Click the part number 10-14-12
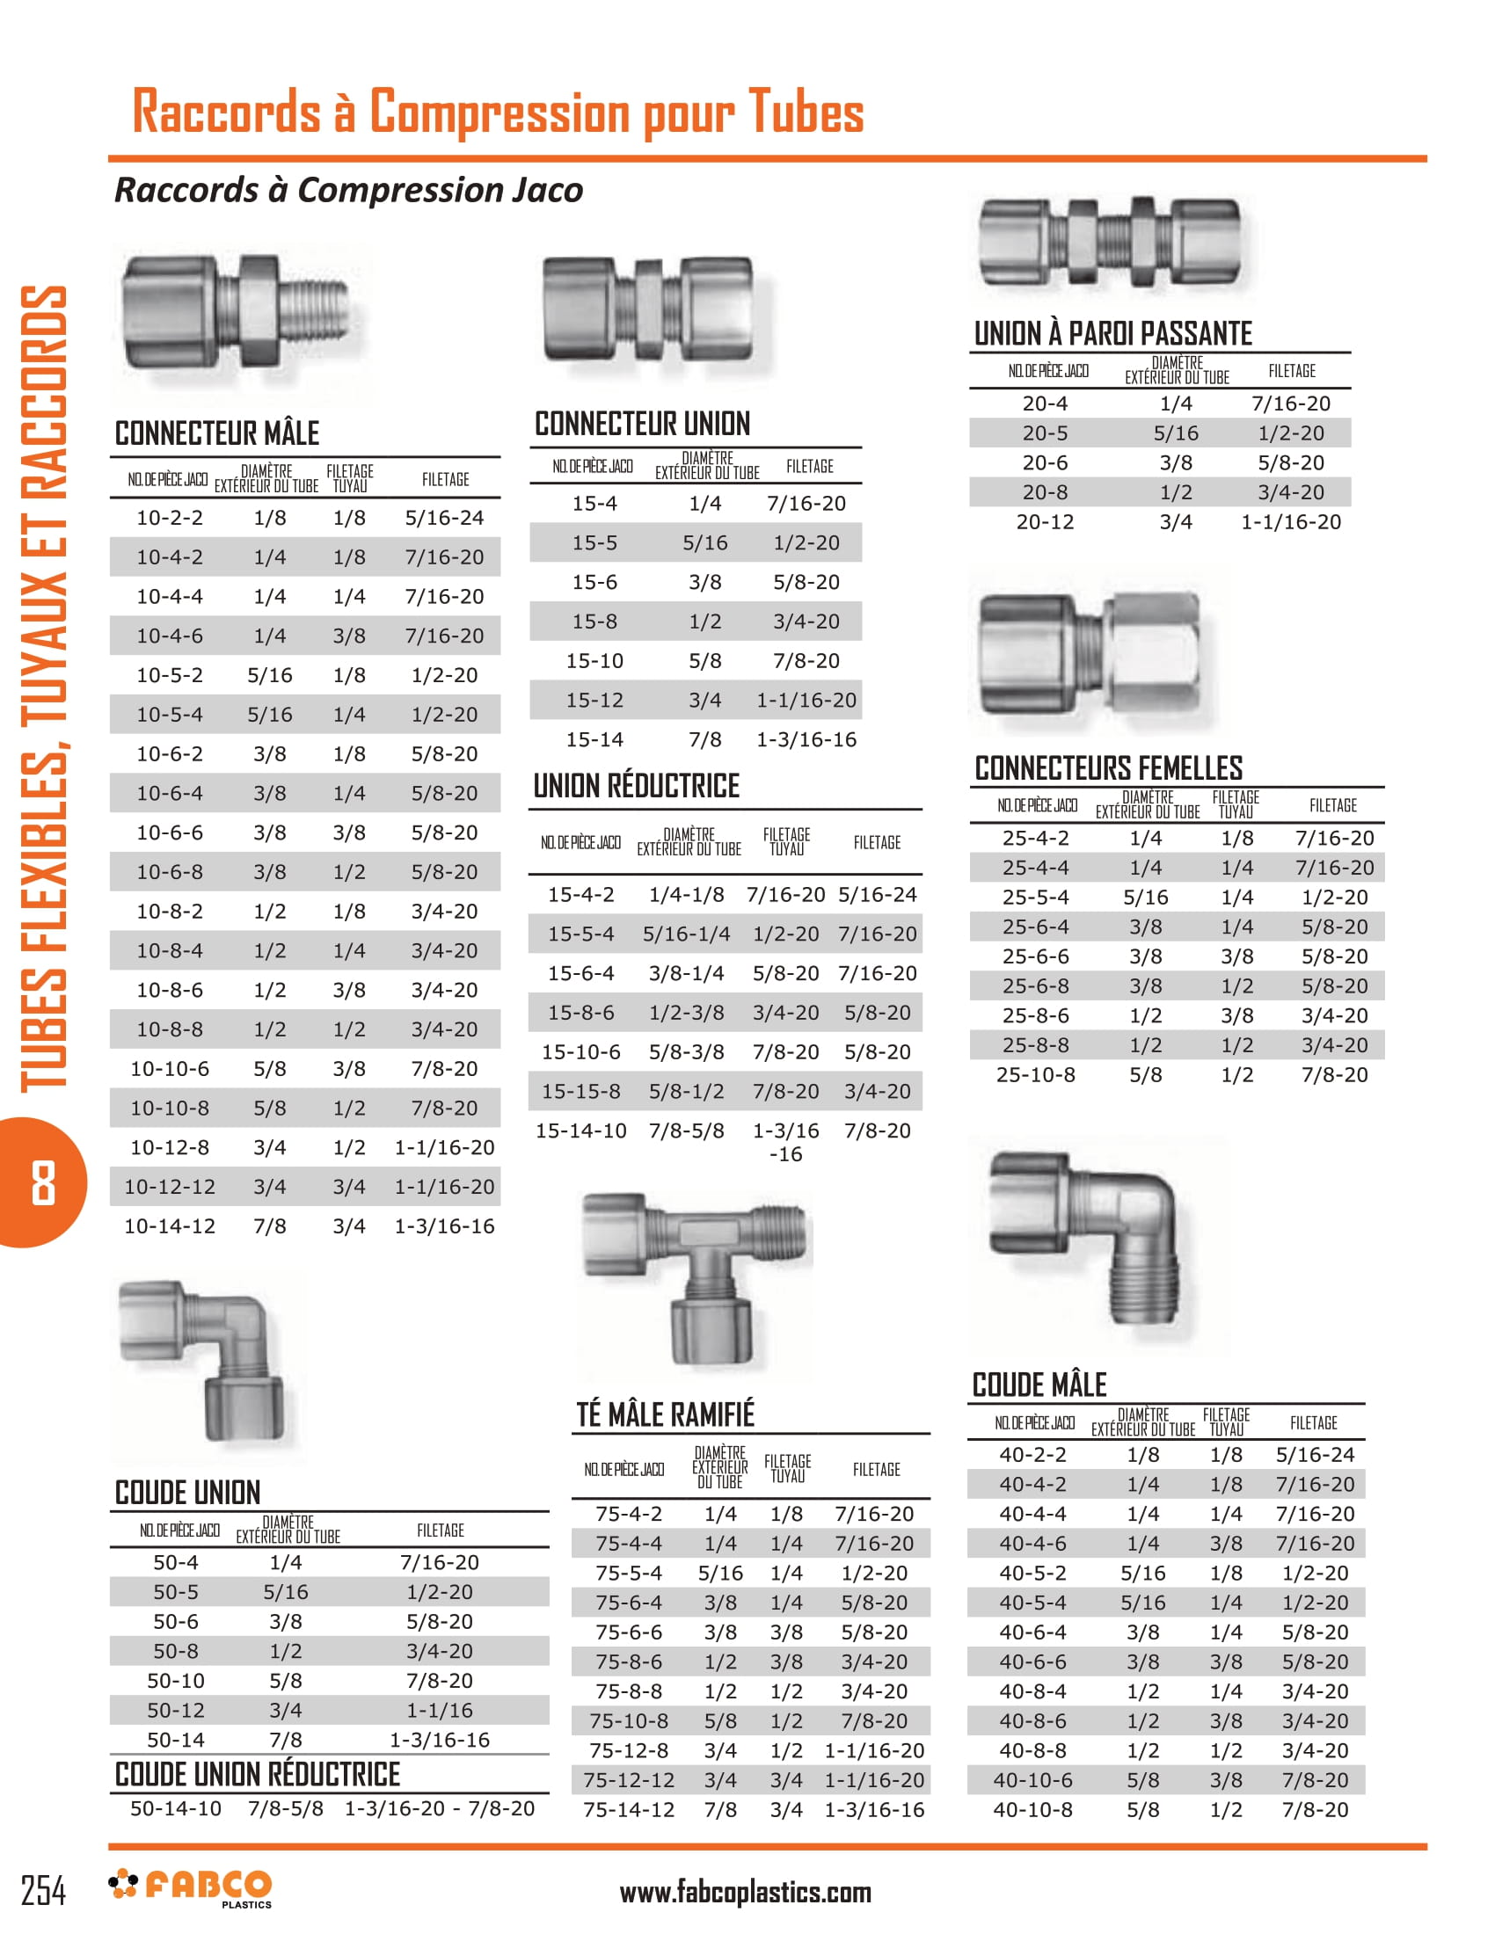tap(169, 1225)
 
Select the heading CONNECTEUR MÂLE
tap(217, 434)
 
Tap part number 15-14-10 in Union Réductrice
tap(581, 1131)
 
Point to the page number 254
tap(42, 1891)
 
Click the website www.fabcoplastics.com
tap(745, 1893)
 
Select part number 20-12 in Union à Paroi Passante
tap(1045, 521)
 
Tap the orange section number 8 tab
tap(42, 1182)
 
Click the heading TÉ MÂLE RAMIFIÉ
tap(665, 1414)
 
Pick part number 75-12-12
tap(629, 1780)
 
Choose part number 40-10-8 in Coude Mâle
tap(1032, 1809)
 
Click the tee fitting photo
tap(696, 1280)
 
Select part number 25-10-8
tap(1035, 1074)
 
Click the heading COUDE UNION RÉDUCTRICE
tap(258, 1775)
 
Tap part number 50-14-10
tap(175, 1808)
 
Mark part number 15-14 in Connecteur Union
tap(594, 739)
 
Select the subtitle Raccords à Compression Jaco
tap(349, 190)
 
